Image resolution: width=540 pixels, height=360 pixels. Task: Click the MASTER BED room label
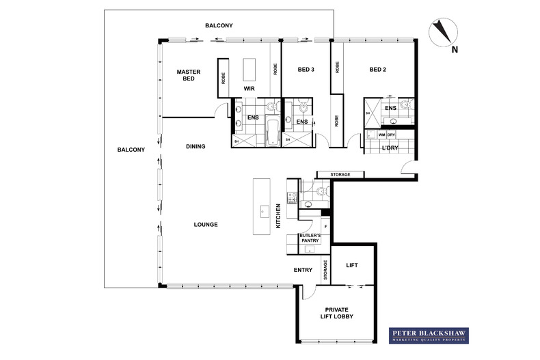[x=187, y=74]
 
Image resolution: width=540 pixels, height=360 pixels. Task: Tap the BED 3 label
[x=306, y=69]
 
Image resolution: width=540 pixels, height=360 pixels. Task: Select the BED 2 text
[x=379, y=69]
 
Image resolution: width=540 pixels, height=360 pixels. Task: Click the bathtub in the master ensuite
[x=272, y=133]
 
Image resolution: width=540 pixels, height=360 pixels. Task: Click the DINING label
[x=195, y=146]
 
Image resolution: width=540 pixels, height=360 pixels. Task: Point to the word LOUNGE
[x=205, y=224]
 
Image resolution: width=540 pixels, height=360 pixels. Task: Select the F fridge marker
[x=325, y=226]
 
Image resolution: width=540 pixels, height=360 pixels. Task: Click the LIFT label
[x=352, y=265]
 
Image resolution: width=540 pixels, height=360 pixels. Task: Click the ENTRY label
[x=303, y=270]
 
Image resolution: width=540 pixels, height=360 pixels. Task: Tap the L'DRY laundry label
[x=391, y=148]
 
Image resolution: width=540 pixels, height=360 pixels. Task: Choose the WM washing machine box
[x=381, y=135]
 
